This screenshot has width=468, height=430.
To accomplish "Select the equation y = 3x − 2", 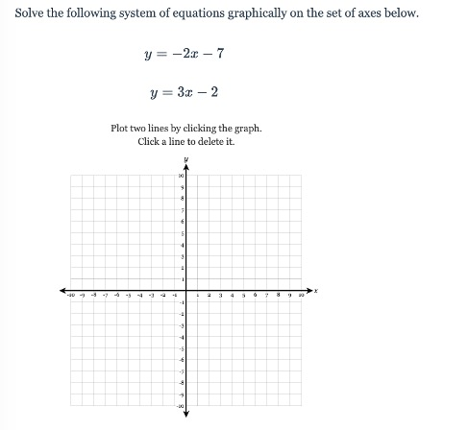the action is (186, 94).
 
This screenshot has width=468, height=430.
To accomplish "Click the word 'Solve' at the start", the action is (31, 15).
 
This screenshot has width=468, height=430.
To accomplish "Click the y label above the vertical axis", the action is (186, 158).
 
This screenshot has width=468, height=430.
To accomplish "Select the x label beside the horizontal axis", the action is (315, 289).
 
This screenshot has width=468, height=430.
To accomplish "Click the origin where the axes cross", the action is (186, 289).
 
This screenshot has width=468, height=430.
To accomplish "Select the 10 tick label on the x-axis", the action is (300, 295).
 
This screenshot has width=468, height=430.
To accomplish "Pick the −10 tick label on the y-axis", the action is (180, 405).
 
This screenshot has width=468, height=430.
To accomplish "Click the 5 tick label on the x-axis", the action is (243, 295).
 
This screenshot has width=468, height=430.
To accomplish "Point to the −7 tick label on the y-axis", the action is (181, 370).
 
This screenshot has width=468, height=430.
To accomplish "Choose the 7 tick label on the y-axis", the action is (182, 210).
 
